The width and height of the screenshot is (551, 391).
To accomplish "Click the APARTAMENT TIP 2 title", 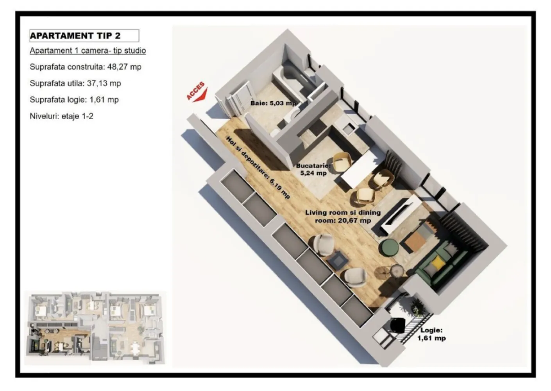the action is point(75,36).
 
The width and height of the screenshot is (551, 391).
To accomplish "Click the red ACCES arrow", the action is point(200,97).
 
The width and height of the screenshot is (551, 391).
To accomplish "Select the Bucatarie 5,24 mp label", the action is point(314,169).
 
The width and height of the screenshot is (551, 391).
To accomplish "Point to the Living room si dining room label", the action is point(343,216).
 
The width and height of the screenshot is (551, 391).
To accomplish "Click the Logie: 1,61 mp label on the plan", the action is point(431,334).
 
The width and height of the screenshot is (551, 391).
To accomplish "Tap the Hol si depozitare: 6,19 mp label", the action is point(258,167).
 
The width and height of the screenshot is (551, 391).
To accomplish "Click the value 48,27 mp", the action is point(124,67).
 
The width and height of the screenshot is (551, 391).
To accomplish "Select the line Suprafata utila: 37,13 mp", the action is point(75,83).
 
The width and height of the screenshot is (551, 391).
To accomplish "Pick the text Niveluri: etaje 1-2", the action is point(61,116).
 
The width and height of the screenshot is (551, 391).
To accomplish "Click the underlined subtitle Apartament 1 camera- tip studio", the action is point(88,51).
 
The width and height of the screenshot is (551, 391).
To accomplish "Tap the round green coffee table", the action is point(389,248).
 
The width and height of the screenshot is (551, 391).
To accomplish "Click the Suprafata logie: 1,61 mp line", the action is point(74,100).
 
